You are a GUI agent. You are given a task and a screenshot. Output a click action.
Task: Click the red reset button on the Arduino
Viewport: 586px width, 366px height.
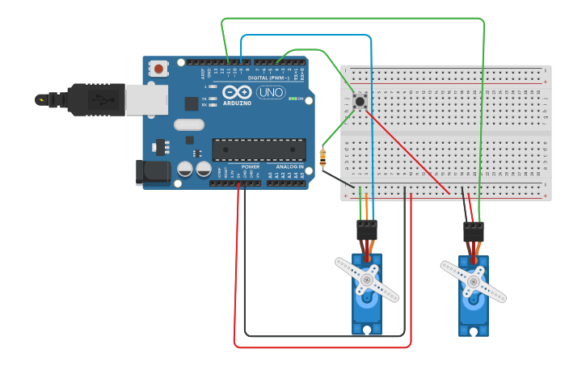[x=158, y=69]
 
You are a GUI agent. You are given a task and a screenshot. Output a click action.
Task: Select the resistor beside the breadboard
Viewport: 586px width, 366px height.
[x=323, y=158]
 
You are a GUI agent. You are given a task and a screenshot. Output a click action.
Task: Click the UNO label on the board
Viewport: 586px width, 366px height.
[x=270, y=92]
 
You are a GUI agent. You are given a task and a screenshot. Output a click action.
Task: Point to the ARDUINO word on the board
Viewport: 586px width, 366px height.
[x=237, y=103]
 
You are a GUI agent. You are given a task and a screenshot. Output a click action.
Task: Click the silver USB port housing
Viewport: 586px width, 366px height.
[x=146, y=100]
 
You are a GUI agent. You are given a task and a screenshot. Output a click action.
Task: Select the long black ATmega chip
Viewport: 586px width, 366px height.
[x=259, y=149]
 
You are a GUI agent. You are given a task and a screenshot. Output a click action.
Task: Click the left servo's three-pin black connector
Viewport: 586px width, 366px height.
[x=367, y=230]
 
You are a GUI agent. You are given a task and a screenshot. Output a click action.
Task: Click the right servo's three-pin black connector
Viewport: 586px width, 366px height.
[x=474, y=232]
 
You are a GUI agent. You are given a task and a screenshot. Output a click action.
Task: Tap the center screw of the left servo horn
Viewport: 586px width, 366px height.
[x=367, y=280]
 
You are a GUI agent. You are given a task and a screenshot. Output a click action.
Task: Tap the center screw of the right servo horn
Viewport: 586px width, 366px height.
[x=474, y=281]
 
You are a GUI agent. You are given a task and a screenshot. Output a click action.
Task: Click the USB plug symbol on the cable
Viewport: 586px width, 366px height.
[x=99, y=99]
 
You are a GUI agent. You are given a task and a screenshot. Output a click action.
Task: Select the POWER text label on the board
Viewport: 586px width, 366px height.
[x=251, y=166]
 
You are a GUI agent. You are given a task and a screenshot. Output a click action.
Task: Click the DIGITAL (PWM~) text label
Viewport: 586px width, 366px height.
[x=269, y=78]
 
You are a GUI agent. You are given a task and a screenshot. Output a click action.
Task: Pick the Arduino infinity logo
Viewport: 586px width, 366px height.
[x=237, y=92]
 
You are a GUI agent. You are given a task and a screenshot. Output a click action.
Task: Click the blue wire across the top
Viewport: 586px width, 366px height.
[x=307, y=36]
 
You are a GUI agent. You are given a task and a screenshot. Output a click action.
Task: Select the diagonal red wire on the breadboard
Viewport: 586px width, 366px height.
[x=408, y=154]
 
